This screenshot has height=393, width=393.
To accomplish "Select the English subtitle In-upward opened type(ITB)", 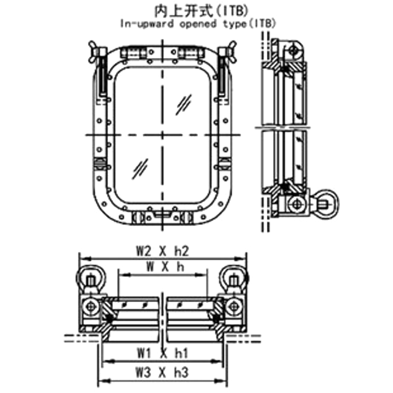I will [x=196, y=23].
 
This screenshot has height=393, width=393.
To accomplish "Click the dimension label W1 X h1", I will [x=162, y=353].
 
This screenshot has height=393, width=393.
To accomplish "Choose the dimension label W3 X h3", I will [x=162, y=373].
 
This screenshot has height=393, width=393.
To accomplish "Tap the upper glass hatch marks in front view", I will [x=185, y=104].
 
